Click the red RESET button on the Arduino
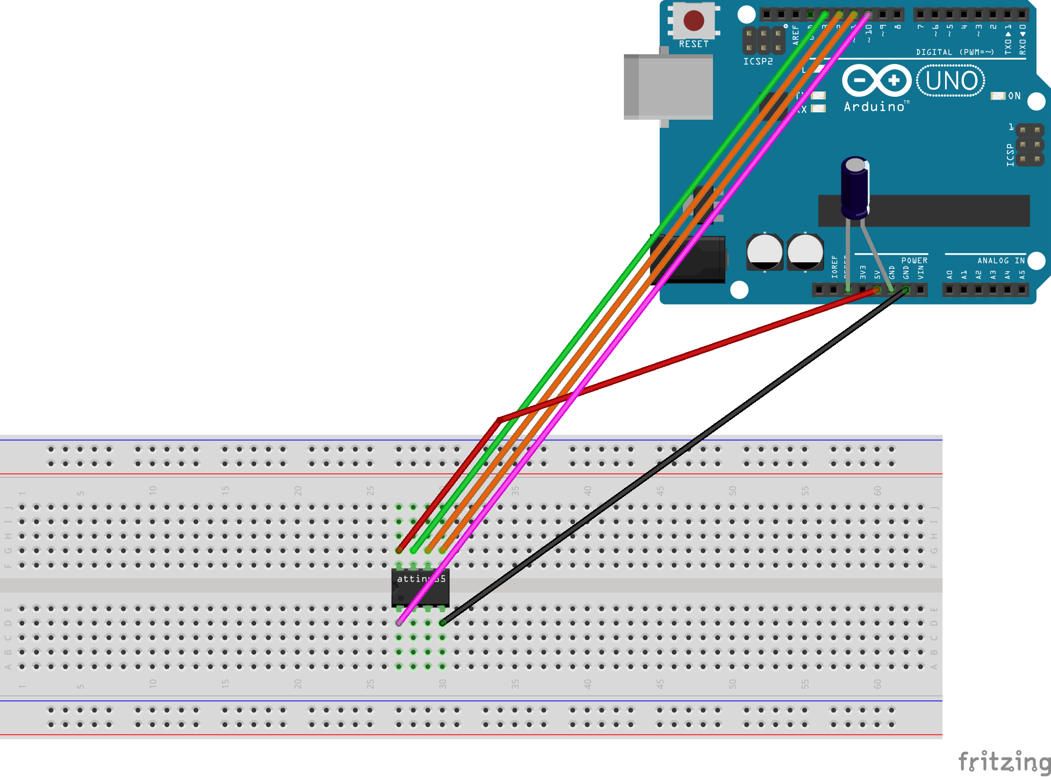(693, 20)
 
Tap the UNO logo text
(951, 81)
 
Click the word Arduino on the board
(874, 107)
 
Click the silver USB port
(668, 87)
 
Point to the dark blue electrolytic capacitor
(855, 188)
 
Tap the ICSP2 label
(758, 62)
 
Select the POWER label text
(914, 261)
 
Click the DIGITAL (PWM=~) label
(954, 52)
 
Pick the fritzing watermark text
(1004, 761)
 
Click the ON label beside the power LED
(1014, 96)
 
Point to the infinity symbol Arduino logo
(876, 81)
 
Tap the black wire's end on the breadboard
(442, 623)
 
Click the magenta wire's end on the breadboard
(399, 623)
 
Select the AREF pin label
(796, 35)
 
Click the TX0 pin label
(1008, 40)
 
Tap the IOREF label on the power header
(834, 267)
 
